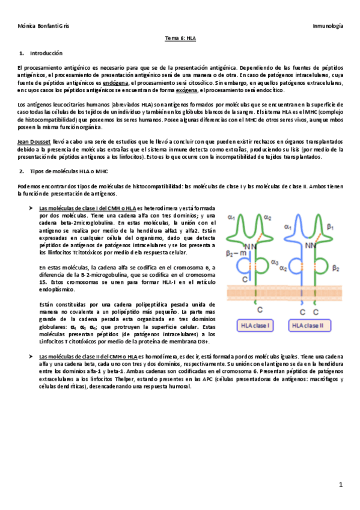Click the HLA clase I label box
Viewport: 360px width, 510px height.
click(x=257, y=325)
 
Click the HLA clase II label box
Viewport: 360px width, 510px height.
click(x=308, y=325)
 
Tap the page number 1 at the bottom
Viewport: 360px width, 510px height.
click(x=340, y=484)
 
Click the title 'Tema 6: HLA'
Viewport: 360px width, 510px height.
click(x=180, y=38)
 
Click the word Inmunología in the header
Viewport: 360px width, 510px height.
click(x=328, y=27)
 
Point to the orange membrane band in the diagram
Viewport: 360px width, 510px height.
click(x=285, y=293)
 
